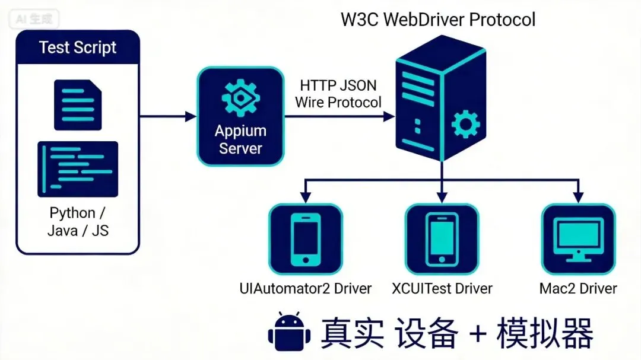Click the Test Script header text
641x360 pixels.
(x=78, y=47)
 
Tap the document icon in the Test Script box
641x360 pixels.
(x=78, y=105)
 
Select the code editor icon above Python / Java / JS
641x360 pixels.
(x=78, y=169)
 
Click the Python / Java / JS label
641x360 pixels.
(x=78, y=222)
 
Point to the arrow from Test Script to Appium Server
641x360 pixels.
(x=168, y=116)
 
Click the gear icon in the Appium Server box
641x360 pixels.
(x=240, y=98)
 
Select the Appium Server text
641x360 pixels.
(x=240, y=139)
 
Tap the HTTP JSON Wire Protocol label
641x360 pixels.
(x=338, y=94)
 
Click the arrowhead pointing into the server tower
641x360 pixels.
(x=389, y=116)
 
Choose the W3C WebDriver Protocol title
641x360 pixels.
(x=438, y=20)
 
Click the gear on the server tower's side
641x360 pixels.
(x=466, y=124)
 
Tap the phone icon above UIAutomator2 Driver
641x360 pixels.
(x=306, y=240)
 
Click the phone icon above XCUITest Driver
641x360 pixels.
(x=442, y=240)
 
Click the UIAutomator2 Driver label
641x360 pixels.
(x=306, y=288)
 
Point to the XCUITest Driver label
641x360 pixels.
(x=442, y=288)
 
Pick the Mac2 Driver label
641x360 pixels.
(x=578, y=288)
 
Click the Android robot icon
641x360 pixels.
(x=289, y=332)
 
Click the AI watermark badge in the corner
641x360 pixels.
(x=34, y=19)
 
